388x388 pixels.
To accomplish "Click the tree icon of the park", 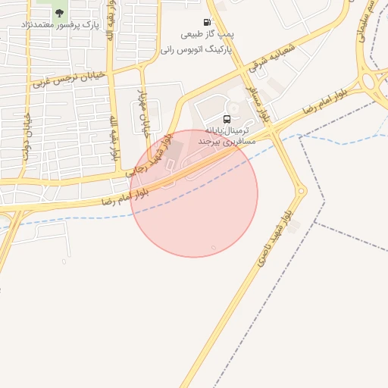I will coord(59,12).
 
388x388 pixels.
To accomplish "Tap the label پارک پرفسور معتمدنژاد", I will coord(59,24).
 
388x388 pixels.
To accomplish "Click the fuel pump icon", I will coord(207,23).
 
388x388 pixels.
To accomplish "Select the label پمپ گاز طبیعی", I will coord(207,35).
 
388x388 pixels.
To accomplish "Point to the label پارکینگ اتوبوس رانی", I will coord(196,48).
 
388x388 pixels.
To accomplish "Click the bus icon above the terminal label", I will coord(228,118).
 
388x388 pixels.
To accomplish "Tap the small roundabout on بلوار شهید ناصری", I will coord(301,192).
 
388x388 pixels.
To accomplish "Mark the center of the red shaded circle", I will coord(194,194).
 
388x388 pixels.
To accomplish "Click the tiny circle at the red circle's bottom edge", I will coord(214,248).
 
